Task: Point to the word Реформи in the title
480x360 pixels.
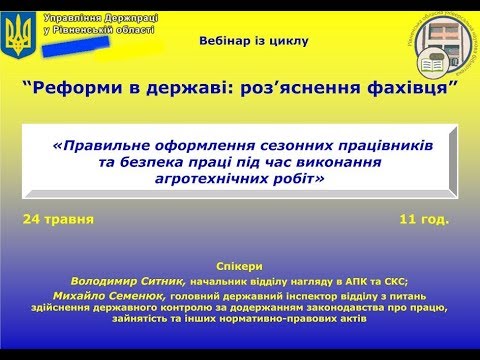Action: point(72,87)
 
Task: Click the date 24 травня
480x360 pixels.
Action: point(61,217)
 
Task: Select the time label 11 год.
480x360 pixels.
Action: point(423,217)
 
